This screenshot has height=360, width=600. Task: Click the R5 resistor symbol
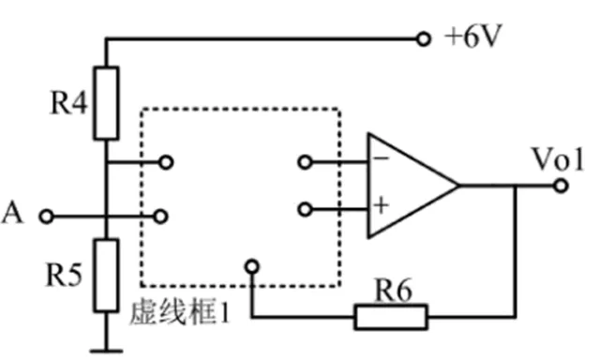tap(108, 274)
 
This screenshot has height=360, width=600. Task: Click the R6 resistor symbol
tap(392, 316)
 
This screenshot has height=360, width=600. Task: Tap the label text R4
tap(67, 103)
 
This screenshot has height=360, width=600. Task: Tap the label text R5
tap(67, 276)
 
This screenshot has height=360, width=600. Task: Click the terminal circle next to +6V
tap(424, 39)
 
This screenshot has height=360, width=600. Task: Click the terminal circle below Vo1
tap(560, 185)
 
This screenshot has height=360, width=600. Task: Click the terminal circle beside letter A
tap(45, 217)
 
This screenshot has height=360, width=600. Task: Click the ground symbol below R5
tap(108, 350)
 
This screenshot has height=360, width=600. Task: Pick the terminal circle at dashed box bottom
tap(250, 266)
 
